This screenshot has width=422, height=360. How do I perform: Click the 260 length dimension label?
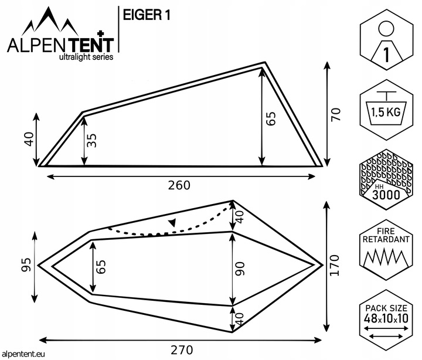pyautogui.click(x=179, y=185)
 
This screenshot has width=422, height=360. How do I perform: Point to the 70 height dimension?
pyautogui.click(x=335, y=114)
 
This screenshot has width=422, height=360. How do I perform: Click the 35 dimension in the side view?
pyautogui.click(x=93, y=141)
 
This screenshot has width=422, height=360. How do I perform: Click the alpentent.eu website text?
pyautogui.click(x=23, y=354)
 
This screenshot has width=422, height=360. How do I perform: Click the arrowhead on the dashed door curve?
pyautogui.click(x=172, y=223)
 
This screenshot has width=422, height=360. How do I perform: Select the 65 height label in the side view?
pyautogui.click(x=270, y=118)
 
